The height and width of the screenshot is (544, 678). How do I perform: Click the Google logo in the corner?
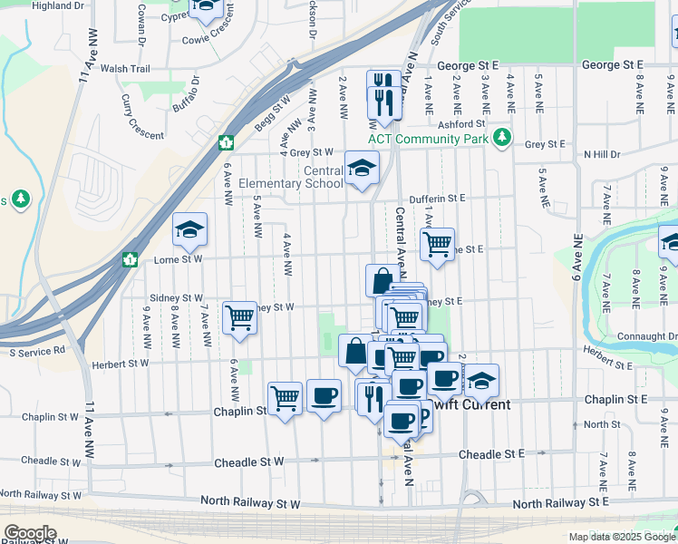[x=29, y=533]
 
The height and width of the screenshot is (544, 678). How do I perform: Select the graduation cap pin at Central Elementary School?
[x=362, y=168]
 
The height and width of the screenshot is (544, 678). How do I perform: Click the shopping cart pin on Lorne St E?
[x=437, y=244]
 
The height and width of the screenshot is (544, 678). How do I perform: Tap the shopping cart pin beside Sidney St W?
[x=239, y=317]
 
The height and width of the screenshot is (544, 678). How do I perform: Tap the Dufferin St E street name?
[x=436, y=198]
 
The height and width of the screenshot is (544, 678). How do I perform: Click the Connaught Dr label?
[x=647, y=336]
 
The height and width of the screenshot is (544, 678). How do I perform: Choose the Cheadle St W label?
[x=249, y=461]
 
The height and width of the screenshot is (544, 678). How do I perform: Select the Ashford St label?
[x=462, y=123]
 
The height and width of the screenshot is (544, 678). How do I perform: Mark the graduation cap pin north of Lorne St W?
[x=190, y=228]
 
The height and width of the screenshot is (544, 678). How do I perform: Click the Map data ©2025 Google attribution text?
[x=621, y=537]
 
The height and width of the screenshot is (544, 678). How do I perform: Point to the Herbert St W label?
[x=120, y=364]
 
